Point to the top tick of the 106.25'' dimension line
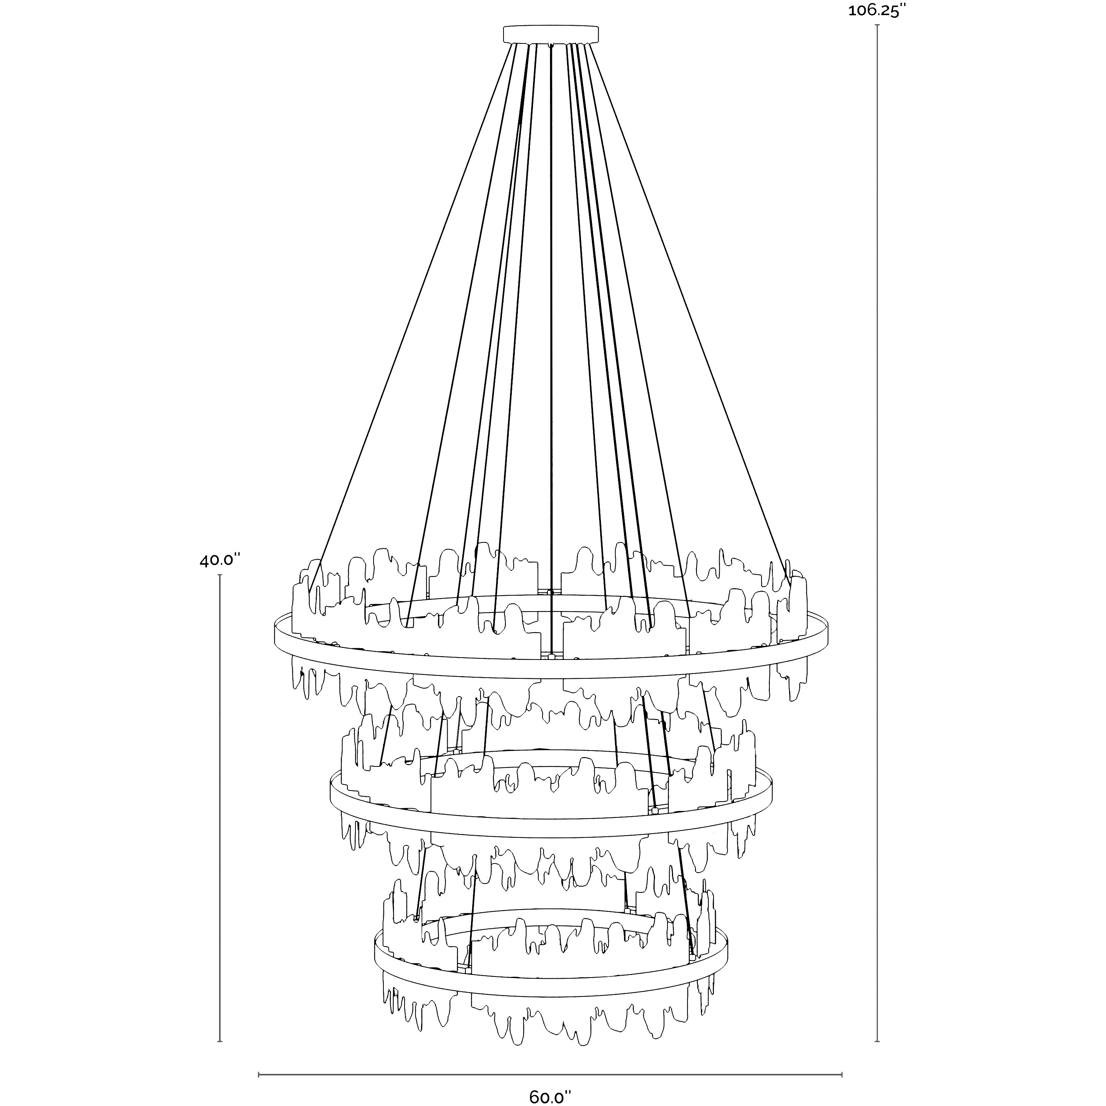click(877, 26)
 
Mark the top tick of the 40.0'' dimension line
click(220, 575)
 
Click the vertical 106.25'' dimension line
click(877, 515)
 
